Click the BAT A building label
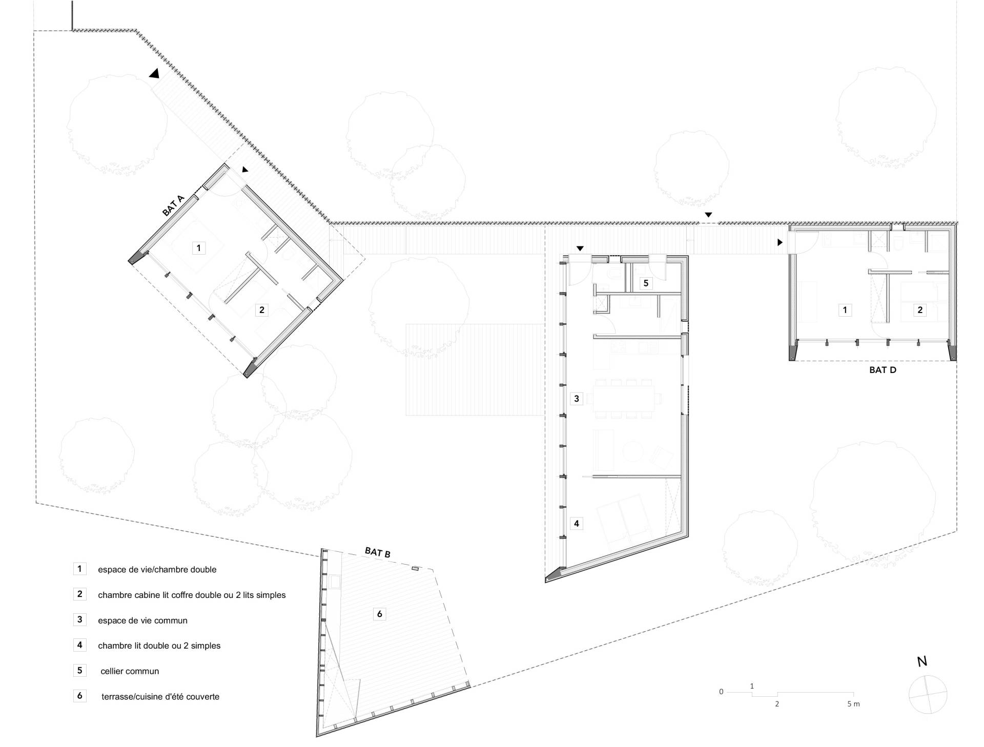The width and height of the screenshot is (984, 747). pyautogui.click(x=173, y=205)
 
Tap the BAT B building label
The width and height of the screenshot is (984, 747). pyautogui.click(x=378, y=552)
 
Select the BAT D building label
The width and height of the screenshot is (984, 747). pyautogui.click(x=883, y=369)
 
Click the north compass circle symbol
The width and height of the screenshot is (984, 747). pyautogui.click(x=928, y=695)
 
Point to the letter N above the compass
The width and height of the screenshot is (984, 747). pyautogui.click(x=922, y=661)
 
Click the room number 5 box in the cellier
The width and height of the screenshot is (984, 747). pyautogui.click(x=646, y=283)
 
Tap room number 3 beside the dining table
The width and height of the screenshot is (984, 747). pyautogui.click(x=577, y=398)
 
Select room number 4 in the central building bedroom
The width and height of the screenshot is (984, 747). pyautogui.click(x=577, y=523)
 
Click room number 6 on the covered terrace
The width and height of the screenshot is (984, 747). pyautogui.click(x=379, y=614)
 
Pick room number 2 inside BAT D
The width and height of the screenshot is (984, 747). pyautogui.click(x=920, y=309)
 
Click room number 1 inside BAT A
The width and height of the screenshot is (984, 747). pyautogui.click(x=198, y=248)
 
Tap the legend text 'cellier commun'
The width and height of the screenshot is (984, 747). pyautogui.click(x=130, y=671)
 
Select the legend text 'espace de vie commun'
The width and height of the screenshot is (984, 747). pyautogui.click(x=142, y=620)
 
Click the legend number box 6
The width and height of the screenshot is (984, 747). pyautogui.click(x=79, y=696)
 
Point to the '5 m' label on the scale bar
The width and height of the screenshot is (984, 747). pyautogui.click(x=853, y=704)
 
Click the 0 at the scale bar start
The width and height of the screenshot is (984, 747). pyautogui.click(x=721, y=692)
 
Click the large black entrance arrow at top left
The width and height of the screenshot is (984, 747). pyautogui.click(x=154, y=74)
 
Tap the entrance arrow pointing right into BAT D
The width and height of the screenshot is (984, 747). pyautogui.click(x=780, y=242)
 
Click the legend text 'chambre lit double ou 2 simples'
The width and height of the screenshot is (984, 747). pyautogui.click(x=159, y=646)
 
